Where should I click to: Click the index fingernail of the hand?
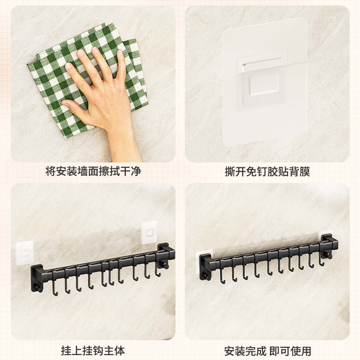click(81, 53)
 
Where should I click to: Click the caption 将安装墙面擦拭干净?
click(93, 171)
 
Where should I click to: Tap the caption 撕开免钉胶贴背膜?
click(267, 172)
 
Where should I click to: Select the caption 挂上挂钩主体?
click(93, 351)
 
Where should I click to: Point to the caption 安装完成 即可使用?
click(267, 351)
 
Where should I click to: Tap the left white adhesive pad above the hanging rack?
click(25, 253)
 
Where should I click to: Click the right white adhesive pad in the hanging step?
click(149, 233)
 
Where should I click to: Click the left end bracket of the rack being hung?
click(37, 278)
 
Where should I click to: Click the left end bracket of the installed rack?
click(206, 266)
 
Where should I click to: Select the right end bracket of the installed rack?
click(329, 246)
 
